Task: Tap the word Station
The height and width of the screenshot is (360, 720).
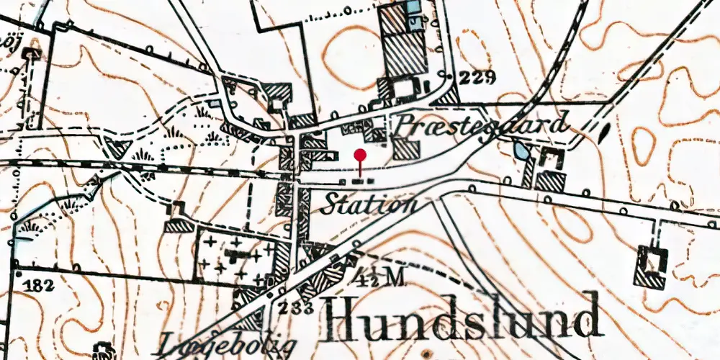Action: (369, 204)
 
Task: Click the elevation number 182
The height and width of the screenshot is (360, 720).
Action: (37, 285)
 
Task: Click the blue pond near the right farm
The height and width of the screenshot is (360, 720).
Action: (519, 151)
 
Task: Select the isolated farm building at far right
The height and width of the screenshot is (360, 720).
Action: (651, 266)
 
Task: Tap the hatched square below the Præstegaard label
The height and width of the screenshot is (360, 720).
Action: (406, 150)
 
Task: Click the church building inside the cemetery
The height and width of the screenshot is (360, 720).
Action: (236, 256)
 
